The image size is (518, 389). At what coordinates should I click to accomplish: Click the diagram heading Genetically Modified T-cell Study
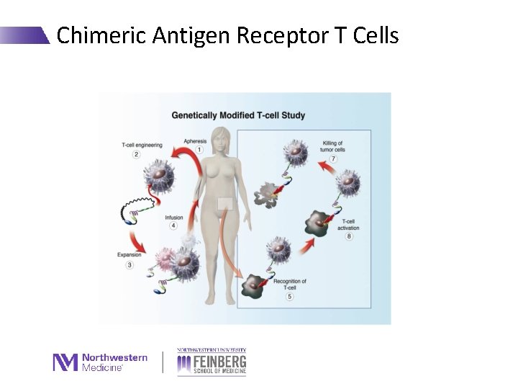[x=238, y=115]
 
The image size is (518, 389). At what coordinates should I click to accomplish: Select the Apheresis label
[x=195, y=141]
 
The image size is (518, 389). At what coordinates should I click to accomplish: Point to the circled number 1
[x=199, y=150]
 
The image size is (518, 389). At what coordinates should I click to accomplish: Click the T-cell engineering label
[x=142, y=146]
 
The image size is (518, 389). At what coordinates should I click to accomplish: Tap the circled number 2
[x=136, y=155]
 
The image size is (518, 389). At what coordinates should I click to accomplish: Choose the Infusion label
[x=174, y=217]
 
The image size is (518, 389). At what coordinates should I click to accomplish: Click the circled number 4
[x=173, y=226]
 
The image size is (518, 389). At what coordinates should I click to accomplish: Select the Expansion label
[x=129, y=255]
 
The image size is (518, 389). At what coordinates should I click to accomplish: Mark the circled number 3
[x=130, y=265]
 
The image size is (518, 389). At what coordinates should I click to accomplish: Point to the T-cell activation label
[x=348, y=225]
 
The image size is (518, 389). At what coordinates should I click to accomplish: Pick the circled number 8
[x=349, y=236]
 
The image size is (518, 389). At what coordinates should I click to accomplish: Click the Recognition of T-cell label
[x=290, y=285]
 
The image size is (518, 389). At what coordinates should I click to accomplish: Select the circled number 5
[x=289, y=296]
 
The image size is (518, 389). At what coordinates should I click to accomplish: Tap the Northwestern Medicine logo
[x=100, y=362]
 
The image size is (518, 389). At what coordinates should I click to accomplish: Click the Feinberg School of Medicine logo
[x=212, y=362]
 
